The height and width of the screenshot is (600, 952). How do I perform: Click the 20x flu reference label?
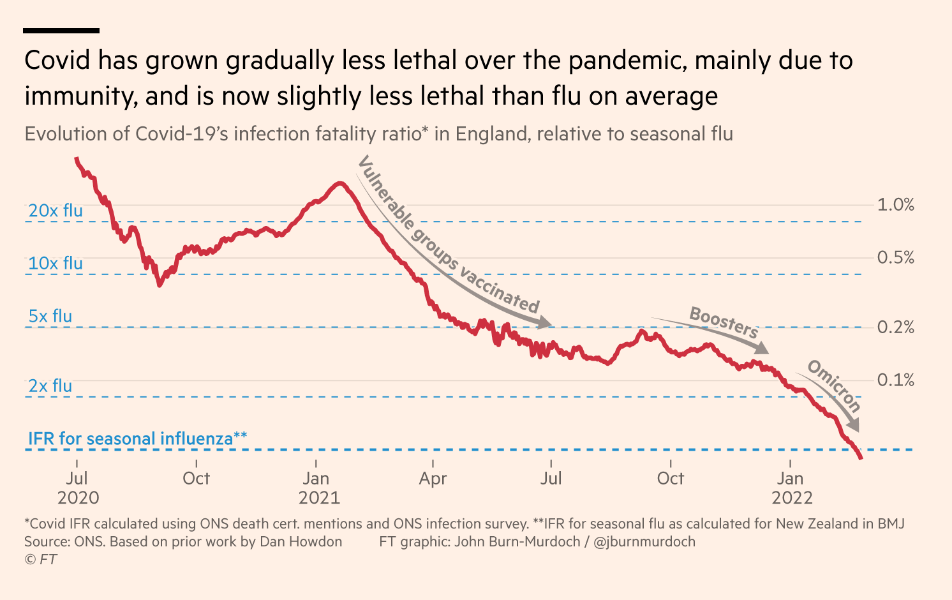click(x=56, y=211)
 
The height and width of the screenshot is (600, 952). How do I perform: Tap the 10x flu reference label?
click(x=56, y=263)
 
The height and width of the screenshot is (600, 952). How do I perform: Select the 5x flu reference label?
click(x=50, y=316)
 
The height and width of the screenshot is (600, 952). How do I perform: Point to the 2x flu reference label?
click(x=50, y=386)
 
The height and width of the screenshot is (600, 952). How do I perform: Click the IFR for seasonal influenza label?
click(x=137, y=439)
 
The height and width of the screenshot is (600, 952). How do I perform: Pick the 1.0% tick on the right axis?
click(x=895, y=205)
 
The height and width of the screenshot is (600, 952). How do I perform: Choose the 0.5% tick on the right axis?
click(x=895, y=258)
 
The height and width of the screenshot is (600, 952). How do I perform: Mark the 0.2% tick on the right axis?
click(x=895, y=327)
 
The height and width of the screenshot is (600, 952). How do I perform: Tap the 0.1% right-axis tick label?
click(x=895, y=380)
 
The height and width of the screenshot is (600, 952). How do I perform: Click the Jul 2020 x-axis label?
click(x=77, y=488)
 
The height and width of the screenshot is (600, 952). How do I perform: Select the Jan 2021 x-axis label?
click(x=316, y=488)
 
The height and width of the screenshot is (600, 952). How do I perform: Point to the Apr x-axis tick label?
click(x=433, y=479)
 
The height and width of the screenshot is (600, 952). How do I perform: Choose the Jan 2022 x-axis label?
click(x=791, y=488)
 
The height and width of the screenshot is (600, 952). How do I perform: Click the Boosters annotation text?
click(x=724, y=322)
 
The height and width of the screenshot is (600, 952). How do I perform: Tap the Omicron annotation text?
click(x=834, y=385)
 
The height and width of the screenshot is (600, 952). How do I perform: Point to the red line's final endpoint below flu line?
click(x=861, y=458)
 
